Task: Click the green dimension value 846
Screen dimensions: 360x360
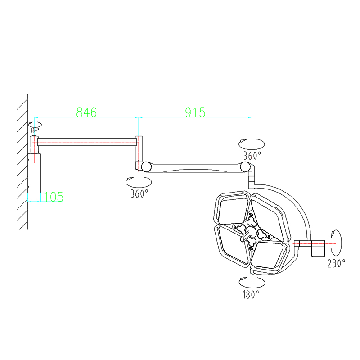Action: pos(86,112)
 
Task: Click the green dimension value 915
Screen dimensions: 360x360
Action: pos(195,112)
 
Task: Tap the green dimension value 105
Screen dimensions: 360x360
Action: pos(53,197)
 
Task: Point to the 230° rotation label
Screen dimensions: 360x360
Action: pos(336,263)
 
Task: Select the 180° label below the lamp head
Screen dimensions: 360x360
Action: pos(251,295)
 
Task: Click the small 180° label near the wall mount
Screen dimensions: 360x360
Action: pos(35,130)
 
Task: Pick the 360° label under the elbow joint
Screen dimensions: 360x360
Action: pos(139,194)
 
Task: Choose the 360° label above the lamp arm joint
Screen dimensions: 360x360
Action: pos(252,156)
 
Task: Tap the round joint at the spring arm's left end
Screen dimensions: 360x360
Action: pos(146,166)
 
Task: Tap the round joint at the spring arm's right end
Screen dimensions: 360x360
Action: pos(245,166)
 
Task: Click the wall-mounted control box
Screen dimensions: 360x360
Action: pos(34,173)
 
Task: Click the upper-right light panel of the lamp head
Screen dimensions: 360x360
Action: pos(269,217)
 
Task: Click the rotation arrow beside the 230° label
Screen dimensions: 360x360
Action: pos(338,243)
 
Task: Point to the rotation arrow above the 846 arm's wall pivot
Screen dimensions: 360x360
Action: pos(35,125)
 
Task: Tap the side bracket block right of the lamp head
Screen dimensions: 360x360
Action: pos(318,248)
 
